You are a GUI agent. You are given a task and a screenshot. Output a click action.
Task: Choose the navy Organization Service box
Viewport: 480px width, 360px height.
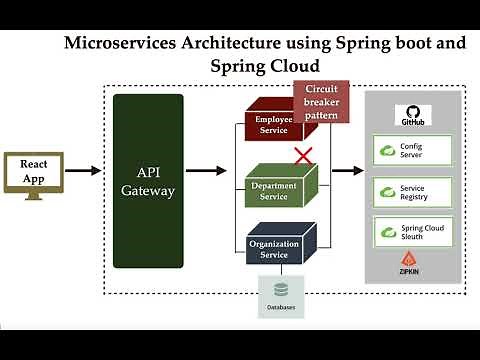pos(280,246)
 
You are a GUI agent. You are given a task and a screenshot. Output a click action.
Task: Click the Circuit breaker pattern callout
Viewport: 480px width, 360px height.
pos(322,101)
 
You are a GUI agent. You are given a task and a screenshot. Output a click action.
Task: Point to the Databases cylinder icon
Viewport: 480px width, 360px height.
pos(281,290)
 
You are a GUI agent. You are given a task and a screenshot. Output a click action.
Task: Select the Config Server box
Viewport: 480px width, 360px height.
pos(412,150)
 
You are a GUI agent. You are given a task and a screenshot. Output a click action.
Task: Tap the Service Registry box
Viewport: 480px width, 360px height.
pos(412,191)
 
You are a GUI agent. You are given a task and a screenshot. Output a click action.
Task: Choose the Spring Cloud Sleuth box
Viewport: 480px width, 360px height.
pos(412,232)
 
